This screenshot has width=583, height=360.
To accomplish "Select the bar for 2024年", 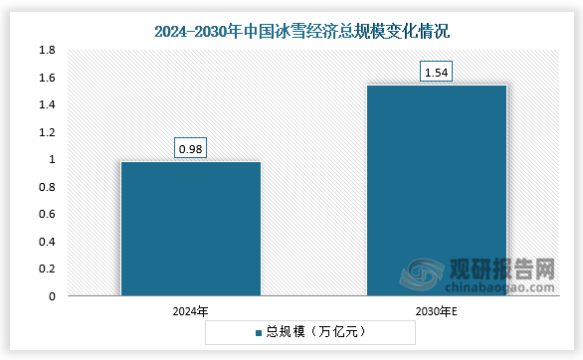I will click(x=190, y=229).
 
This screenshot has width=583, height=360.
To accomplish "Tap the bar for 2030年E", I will click(x=437, y=190).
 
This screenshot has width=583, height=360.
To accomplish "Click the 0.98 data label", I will click(x=190, y=149).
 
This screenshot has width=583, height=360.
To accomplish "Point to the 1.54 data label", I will click(x=437, y=73).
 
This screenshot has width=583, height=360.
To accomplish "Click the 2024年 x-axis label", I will click(x=190, y=311).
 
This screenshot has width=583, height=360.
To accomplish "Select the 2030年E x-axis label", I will click(x=437, y=311).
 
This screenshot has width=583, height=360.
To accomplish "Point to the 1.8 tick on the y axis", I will click(x=47, y=50).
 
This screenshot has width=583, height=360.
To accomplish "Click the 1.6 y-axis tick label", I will click(x=47, y=78).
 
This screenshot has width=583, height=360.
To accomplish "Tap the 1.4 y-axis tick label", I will click(x=47, y=104).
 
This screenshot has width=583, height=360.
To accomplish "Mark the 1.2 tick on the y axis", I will click(x=47, y=132).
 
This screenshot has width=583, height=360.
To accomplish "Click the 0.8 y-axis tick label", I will click(x=47, y=187).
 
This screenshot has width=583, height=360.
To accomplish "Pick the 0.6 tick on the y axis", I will click(x=47, y=214).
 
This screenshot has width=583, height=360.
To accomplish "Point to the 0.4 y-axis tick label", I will click(x=47, y=242).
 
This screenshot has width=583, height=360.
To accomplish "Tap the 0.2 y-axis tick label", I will click(x=47, y=269).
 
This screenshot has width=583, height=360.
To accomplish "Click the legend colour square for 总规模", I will click(x=258, y=332).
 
